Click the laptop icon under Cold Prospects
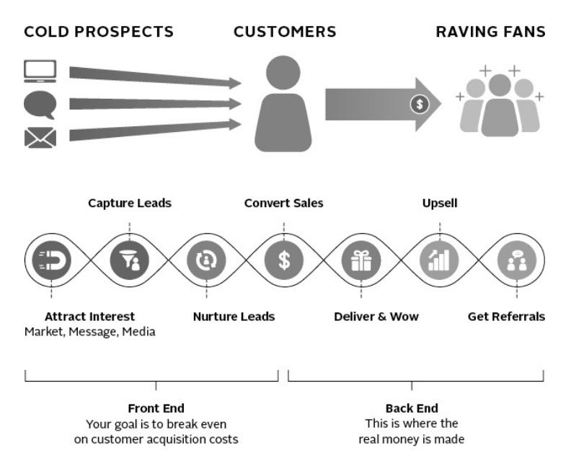tap(40, 72)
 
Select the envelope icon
tap(40, 137)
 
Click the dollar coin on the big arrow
tap(419, 104)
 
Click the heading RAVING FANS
tap(490, 32)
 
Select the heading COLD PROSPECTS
tap(99, 32)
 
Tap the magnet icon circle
tap(51, 260)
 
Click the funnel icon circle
tap(129, 260)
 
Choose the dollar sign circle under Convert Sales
tap(284, 260)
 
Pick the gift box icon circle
tap(361, 260)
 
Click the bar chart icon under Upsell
tap(439, 260)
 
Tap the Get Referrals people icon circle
tap(516, 260)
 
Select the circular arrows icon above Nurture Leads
tap(206, 260)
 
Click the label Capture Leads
tap(130, 203)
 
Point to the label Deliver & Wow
tap(376, 317)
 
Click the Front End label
tap(156, 408)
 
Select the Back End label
tap(412, 408)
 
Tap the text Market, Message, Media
tap(89, 332)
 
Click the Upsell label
tap(440, 203)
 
